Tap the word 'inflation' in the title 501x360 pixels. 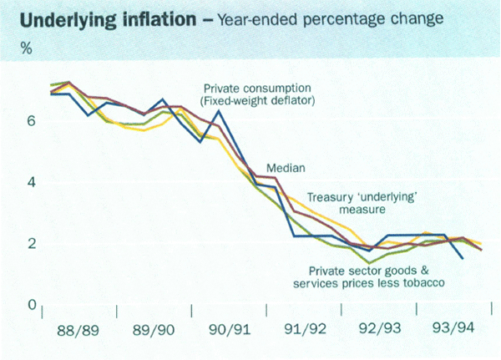click(155, 18)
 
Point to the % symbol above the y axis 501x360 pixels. click(27, 48)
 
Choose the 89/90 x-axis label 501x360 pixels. click(154, 329)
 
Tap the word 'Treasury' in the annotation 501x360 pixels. click(325, 197)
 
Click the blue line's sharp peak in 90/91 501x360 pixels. click(218, 110)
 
